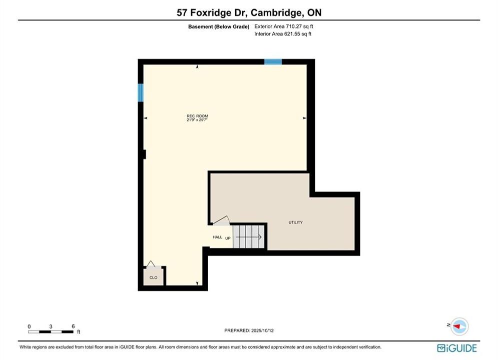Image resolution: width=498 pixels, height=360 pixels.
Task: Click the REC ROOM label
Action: pos(197,116)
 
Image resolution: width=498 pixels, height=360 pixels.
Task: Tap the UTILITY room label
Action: pos(295,222)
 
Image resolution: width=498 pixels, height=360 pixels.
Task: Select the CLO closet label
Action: pos(153,277)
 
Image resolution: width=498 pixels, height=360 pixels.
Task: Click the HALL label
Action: pos(218,237)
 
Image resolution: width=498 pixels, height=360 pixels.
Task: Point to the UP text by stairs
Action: pos(228,238)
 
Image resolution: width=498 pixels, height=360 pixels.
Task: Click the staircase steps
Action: pos(249,236)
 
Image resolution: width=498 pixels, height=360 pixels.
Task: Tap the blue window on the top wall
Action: pos(273,62)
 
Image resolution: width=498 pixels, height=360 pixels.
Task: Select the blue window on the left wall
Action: pos(140,92)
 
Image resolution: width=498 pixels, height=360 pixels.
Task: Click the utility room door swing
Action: pos(221,220)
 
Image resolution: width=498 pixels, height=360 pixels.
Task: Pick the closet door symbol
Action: pos(151,264)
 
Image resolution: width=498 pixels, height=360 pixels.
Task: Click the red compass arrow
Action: pos(457,326)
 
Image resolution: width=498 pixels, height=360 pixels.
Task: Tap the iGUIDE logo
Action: pos(457,348)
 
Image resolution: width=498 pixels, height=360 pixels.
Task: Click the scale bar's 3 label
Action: pos(51,326)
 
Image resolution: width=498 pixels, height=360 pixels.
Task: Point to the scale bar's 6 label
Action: pos(74,326)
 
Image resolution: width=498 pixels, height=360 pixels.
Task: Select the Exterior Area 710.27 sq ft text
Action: pos(284,26)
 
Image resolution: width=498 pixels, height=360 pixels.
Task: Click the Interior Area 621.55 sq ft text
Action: pos(283,34)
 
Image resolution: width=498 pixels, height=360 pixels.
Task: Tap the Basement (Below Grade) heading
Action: pos(219,26)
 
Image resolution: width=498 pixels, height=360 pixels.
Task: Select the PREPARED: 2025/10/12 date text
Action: pos(249,330)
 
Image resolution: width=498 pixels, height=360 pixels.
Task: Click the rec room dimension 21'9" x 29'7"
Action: pos(197,120)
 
